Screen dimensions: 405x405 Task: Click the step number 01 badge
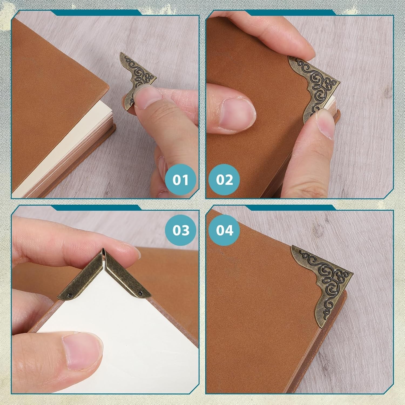181,180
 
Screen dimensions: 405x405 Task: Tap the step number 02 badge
224,180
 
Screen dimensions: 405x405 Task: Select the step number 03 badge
181,230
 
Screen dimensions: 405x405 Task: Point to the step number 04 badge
224,230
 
